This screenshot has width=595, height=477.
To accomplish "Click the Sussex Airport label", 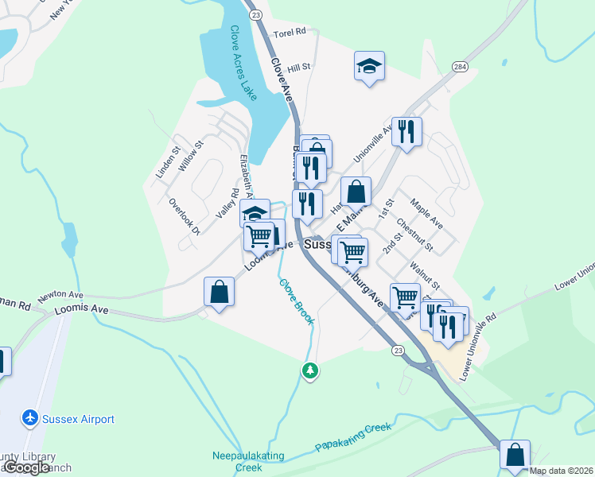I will coord(78,419).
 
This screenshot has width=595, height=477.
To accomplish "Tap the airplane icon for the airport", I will coord(30,417).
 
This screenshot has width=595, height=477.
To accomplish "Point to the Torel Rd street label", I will coord(290,33).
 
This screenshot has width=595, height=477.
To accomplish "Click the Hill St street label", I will coord(299,68).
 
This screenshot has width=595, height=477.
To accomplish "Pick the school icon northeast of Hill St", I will coord(369,65).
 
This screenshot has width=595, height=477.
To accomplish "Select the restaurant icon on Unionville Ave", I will coord(406,132).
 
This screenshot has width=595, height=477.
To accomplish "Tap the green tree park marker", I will coord(310,370).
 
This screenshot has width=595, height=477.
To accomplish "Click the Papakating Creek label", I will coord(353,438).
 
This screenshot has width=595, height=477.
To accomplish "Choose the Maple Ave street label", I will coord(426,215).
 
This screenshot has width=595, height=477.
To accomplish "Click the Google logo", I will coord(25,467).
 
